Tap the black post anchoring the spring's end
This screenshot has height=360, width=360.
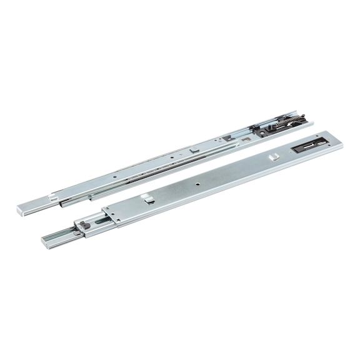click(x=304, y=116)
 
